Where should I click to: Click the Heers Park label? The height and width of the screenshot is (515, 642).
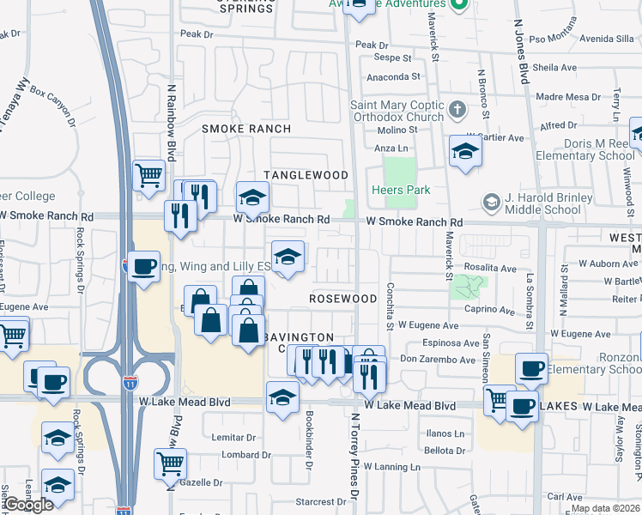(x=401, y=189)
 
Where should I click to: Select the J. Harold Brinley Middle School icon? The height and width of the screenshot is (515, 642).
(x=491, y=203)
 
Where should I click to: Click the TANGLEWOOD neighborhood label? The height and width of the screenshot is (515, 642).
(x=306, y=175)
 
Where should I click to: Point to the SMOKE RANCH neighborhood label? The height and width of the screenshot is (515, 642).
(x=246, y=129)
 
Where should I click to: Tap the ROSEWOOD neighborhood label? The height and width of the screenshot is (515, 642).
(x=343, y=299)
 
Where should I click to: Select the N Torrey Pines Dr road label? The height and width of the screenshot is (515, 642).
(x=354, y=455)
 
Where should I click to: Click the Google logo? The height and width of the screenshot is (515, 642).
(x=28, y=505)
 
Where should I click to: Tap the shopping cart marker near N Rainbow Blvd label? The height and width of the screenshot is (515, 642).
(x=149, y=175)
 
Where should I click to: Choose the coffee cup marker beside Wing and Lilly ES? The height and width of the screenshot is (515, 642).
(x=143, y=265)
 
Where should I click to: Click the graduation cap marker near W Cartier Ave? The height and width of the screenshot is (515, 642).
(x=465, y=151)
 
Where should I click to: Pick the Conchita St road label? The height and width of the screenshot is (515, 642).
(x=390, y=306)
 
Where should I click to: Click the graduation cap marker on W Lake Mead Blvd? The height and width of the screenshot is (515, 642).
(x=282, y=397)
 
